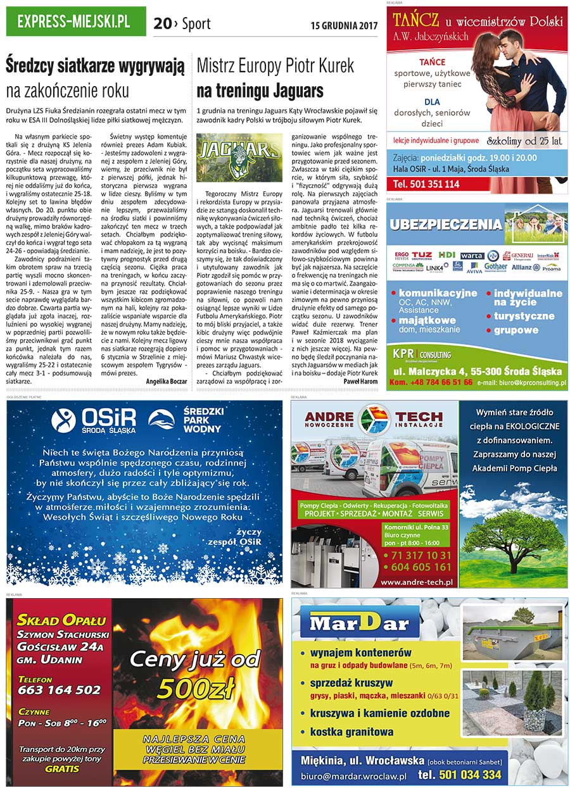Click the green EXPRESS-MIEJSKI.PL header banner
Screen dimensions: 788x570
click(75, 22)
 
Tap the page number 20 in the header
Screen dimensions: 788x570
click(162, 24)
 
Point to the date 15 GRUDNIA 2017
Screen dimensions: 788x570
click(344, 26)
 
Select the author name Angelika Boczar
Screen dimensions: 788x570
click(167, 382)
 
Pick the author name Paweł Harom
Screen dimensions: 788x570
click(360, 382)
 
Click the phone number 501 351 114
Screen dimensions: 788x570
click(426, 184)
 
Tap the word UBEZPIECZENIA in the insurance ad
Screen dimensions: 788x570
click(446, 224)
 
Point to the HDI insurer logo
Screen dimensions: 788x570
click(446, 255)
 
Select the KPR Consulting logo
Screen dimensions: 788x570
click(421, 354)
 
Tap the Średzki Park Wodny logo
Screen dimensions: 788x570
click(181, 420)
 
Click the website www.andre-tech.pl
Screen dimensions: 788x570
click(416, 582)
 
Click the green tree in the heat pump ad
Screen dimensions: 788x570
click(513, 538)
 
